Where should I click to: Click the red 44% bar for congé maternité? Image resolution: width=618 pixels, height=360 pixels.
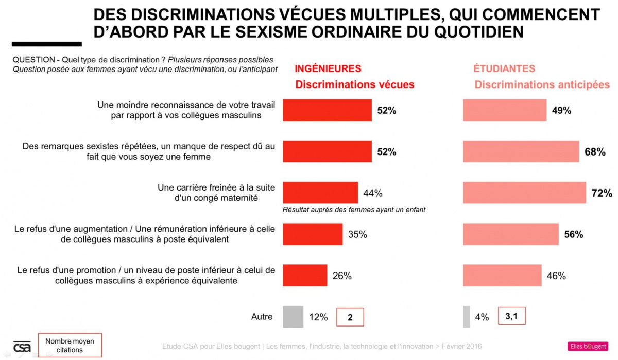(x=320, y=193)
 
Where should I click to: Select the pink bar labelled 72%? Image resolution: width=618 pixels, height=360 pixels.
(x=524, y=193)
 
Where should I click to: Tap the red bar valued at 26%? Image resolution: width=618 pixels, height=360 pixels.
(x=305, y=275)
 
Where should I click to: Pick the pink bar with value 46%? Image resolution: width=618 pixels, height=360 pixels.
(x=502, y=275)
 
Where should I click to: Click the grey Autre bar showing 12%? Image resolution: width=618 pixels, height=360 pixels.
(x=293, y=317)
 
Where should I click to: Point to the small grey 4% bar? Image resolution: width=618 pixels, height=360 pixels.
(x=467, y=317)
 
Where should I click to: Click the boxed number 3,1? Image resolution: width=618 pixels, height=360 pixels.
(x=511, y=316)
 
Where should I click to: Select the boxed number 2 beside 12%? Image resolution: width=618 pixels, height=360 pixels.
(x=350, y=317)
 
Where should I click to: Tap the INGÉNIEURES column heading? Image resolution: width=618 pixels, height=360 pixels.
(x=328, y=68)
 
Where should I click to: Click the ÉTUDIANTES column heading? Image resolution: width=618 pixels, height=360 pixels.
(x=504, y=68)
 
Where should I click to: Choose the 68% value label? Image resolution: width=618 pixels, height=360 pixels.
(x=595, y=152)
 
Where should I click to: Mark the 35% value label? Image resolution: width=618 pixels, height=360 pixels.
(x=357, y=234)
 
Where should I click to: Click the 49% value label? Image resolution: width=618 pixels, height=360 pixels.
(x=561, y=110)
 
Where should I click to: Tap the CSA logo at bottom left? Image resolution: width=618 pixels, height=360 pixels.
(x=22, y=347)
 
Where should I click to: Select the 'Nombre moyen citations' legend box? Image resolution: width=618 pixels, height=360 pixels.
(x=70, y=346)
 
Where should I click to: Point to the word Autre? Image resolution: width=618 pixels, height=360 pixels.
(x=262, y=317)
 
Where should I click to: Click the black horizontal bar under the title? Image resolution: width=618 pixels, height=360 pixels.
(x=46, y=44)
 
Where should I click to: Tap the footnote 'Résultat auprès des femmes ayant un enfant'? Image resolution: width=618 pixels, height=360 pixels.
(x=354, y=210)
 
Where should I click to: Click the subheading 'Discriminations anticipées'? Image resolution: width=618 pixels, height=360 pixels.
(x=542, y=85)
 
